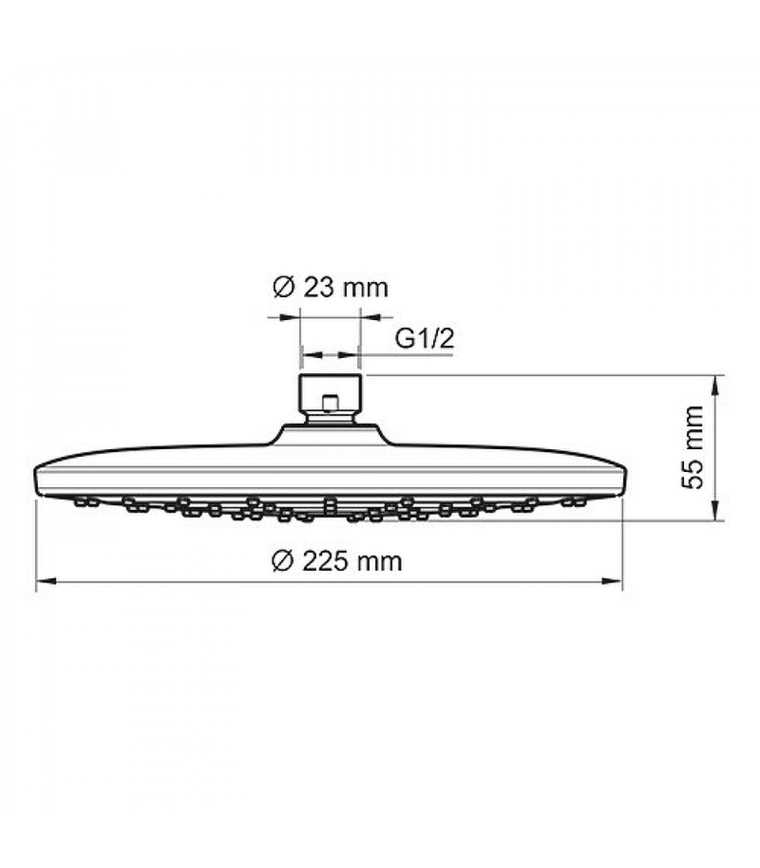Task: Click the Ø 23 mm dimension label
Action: pos(331,288)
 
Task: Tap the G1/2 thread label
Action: pos(424,339)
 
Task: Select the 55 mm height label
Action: pos(693,448)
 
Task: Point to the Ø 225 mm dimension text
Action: pos(337,561)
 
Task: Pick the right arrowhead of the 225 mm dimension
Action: pos(612,582)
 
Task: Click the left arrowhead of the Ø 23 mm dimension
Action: pos(290,317)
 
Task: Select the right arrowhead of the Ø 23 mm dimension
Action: pos(370,317)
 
